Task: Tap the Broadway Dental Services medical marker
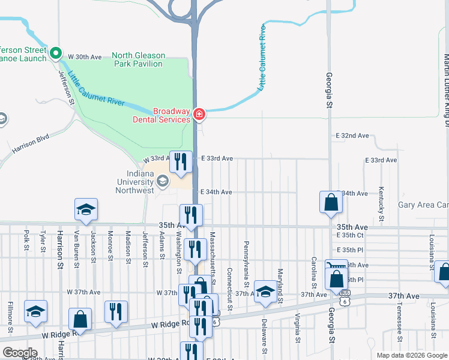click(x=199, y=113)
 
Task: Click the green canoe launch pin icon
click(x=56, y=53)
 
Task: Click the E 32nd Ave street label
click(x=351, y=136)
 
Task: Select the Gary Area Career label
click(x=423, y=205)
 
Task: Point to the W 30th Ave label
click(x=85, y=56)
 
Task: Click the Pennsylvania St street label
click(x=246, y=256)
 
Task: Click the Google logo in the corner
click(x=20, y=353)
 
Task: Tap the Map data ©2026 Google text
click(x=411, y=355)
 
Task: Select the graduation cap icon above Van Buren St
click(x=86, y=209)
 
